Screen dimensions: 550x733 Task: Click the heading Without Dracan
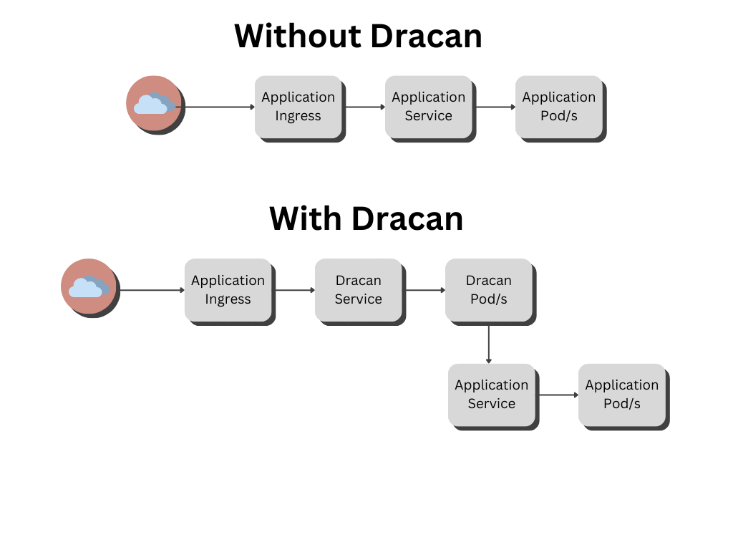[x=358, y=36]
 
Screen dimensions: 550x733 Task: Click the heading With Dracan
[x=366, y=218]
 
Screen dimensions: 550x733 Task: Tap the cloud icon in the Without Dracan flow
[x=154, y=104]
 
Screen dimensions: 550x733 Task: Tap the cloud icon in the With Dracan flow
[x=88, y=286]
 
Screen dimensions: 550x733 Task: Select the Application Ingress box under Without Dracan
[x=298, y=107]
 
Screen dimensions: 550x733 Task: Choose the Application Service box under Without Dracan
[x=428, y=107]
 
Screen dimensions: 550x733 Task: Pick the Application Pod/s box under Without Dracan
[x=558, y=107]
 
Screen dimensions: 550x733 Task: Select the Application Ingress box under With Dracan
[x=228, y=290]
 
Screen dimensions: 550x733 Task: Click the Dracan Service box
[x=358, y=290]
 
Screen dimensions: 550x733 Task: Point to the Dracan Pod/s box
[x=488, y=290]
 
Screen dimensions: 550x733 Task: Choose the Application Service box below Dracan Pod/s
[x=491, y=395]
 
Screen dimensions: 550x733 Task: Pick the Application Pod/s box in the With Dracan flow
[x=621, y=395]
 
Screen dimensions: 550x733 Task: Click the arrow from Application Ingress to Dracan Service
[x=293, y=291]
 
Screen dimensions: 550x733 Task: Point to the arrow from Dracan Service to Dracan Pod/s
[x=424, y=291]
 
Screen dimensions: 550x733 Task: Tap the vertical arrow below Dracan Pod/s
[x=489, y=344]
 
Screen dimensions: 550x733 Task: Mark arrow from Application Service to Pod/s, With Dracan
[x=558, y=395]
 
